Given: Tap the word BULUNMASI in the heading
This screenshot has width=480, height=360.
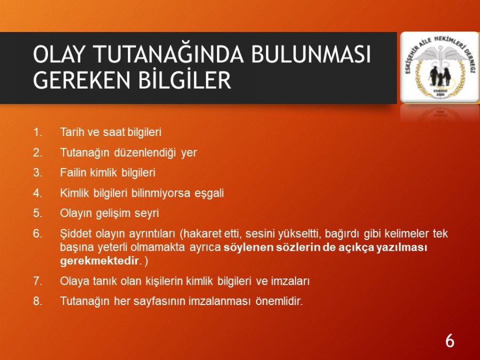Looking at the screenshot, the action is [x=311, y=54].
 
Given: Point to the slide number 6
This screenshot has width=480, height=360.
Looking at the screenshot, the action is [x=450, y=341].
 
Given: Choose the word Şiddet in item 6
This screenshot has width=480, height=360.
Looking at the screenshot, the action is [x=76, y=234].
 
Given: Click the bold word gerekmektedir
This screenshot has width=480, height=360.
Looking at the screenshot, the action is [x=99, y=261].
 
